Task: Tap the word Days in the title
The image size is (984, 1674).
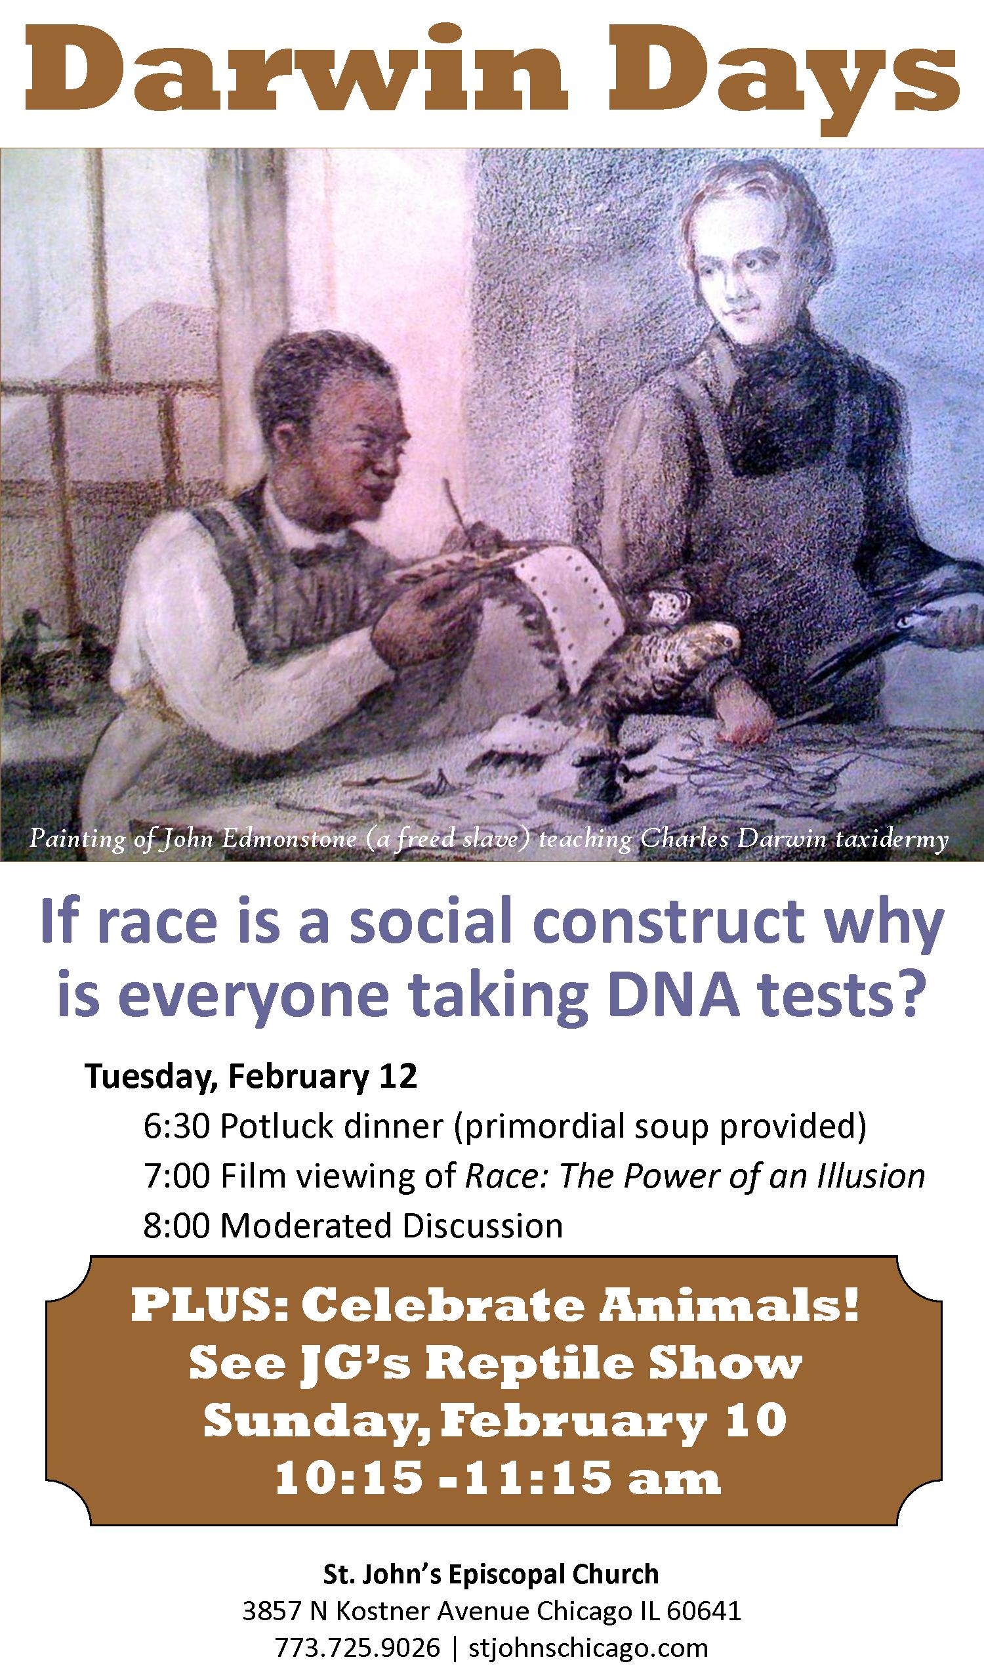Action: coord(783,80)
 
